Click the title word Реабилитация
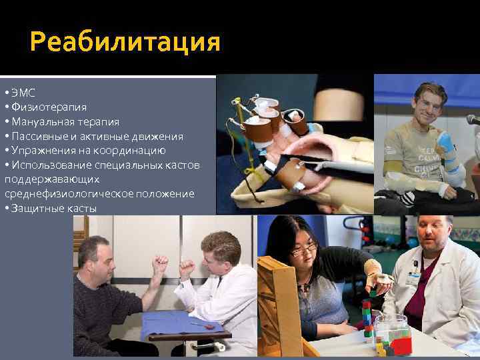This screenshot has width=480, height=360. pos(125,43)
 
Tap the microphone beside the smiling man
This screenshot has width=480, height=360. pos(473,119)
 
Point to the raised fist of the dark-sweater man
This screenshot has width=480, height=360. pos(160,262)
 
